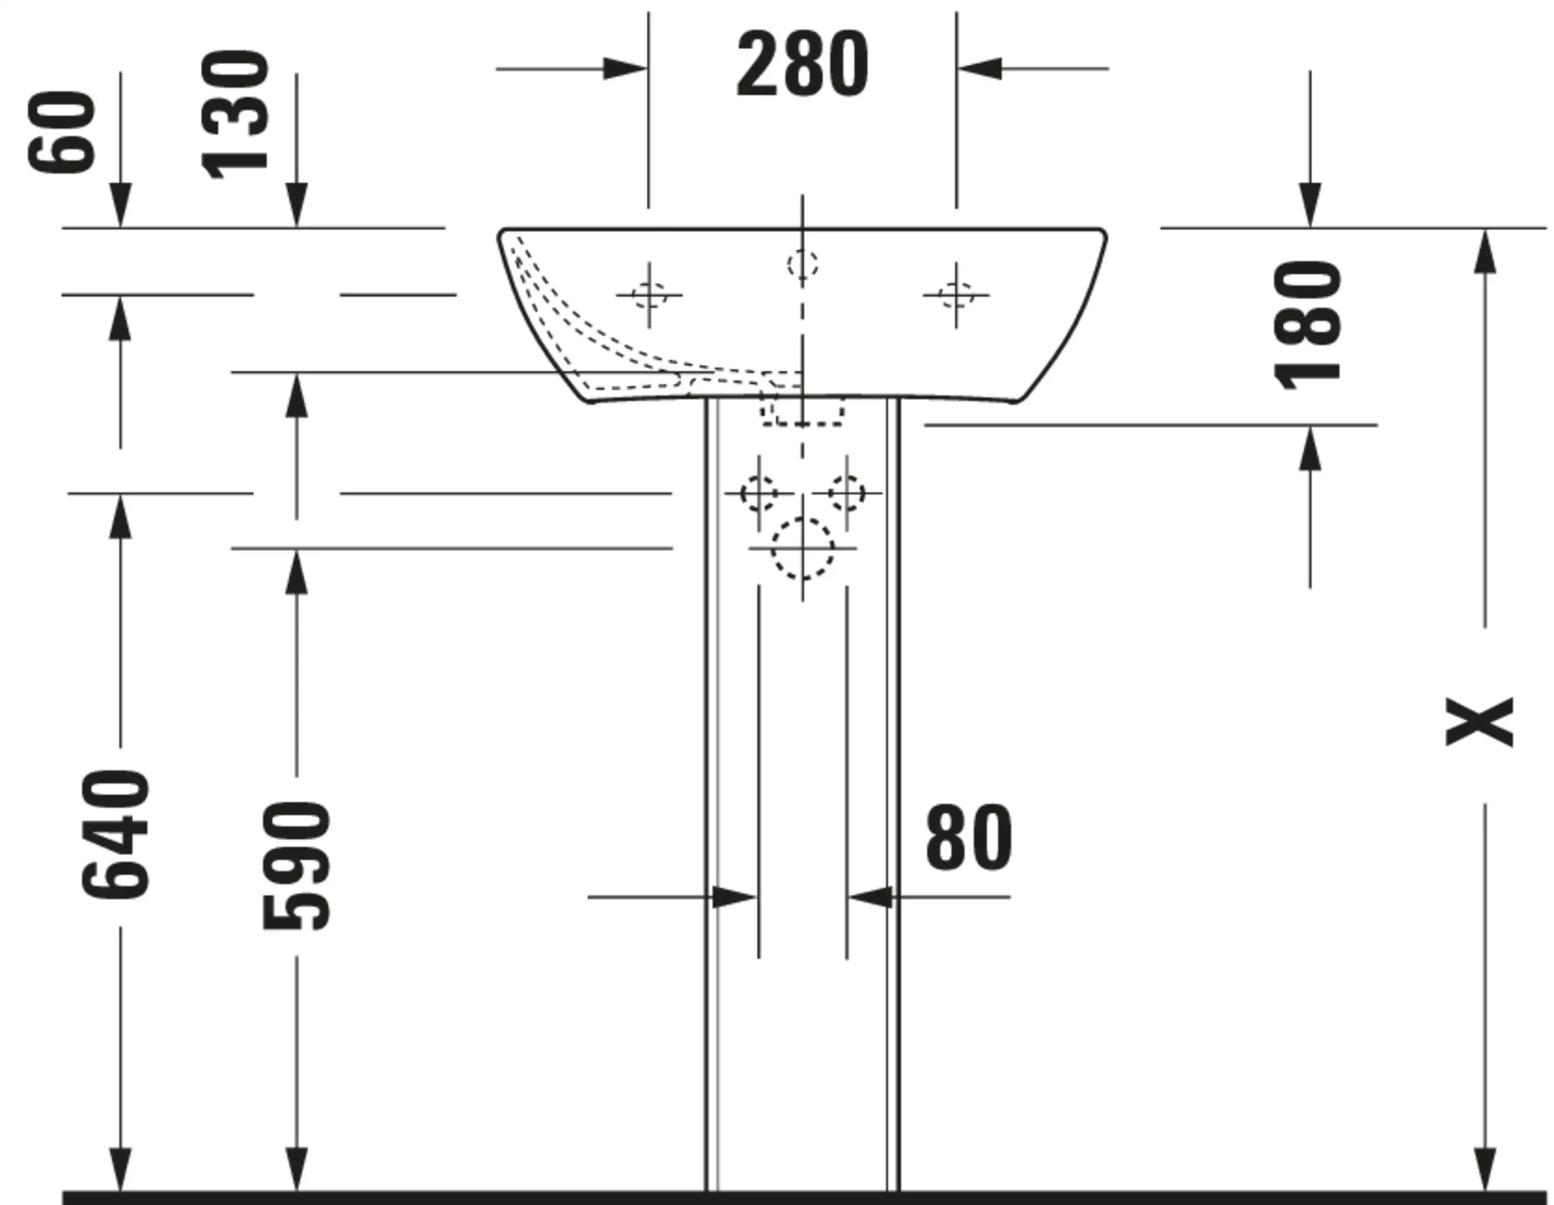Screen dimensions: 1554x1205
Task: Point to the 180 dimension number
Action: [1308, 325]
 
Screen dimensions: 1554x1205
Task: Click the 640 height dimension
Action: [116, 834]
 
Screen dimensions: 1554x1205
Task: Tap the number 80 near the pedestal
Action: [969, 838]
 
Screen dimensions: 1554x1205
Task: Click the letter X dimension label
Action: [1479, 721]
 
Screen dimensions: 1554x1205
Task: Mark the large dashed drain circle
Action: [802, 548]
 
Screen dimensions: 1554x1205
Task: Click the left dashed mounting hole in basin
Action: [648, 295]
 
